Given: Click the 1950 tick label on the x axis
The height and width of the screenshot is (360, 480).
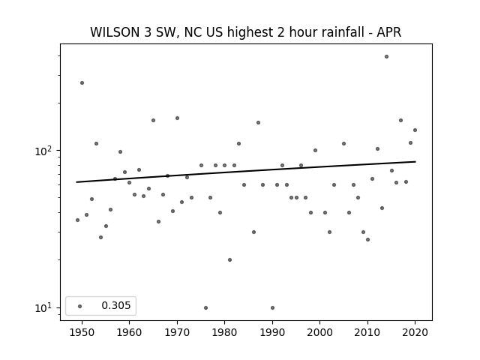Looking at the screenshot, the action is pyautogui.click(x=82, y=332).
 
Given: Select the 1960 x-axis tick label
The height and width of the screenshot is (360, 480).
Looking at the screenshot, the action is pyautogui.click(x=129, y=332).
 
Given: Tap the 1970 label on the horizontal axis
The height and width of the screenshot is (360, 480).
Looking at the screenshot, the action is pyautogui.click(x=177, y=332).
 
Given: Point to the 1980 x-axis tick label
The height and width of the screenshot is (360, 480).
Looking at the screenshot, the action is pyautogui.click(x=224, y=332).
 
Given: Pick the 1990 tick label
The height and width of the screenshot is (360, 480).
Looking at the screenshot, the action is pyautogui.click(x=272, y=332).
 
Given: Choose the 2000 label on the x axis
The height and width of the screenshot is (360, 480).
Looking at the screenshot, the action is pyautogui.click(x=319, y=332).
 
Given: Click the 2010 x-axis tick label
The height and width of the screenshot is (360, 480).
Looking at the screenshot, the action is pyautogui.click(x=367, y=332).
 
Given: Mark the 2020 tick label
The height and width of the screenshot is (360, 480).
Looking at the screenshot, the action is pyautogui.click(x=415, y=332).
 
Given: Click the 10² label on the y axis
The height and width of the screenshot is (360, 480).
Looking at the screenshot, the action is pyautogui.click(x=44, y=151).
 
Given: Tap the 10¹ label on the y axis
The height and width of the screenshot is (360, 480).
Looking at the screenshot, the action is pyautogui.click(x=44, y=307).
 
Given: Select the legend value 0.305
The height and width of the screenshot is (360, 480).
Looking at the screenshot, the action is pyautogui.click(x=116, y=305).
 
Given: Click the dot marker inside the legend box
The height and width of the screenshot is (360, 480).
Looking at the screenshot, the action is pyautogui.click(x=80, y=306).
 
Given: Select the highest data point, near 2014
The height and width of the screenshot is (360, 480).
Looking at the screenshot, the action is pyautogui.click(x=387, y=57).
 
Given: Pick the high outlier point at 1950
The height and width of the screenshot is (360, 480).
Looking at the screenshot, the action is pyautogui.click(x=82, y=83).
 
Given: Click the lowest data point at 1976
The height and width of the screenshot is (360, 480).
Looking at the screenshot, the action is pyautogui.click(x=205, y=307).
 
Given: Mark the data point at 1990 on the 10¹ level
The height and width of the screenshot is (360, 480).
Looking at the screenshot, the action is pyautogui.click(x=272, y=307).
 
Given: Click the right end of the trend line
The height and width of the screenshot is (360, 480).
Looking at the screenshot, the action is pyautogui.click(x=415, y=162).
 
